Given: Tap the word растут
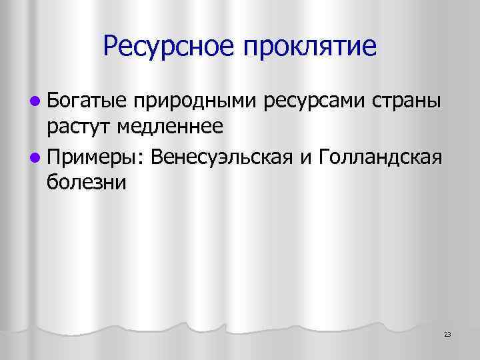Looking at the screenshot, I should pyautogui.click(x=79, y=127).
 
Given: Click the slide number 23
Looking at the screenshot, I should pyautogui.click(x=447, y=333).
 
